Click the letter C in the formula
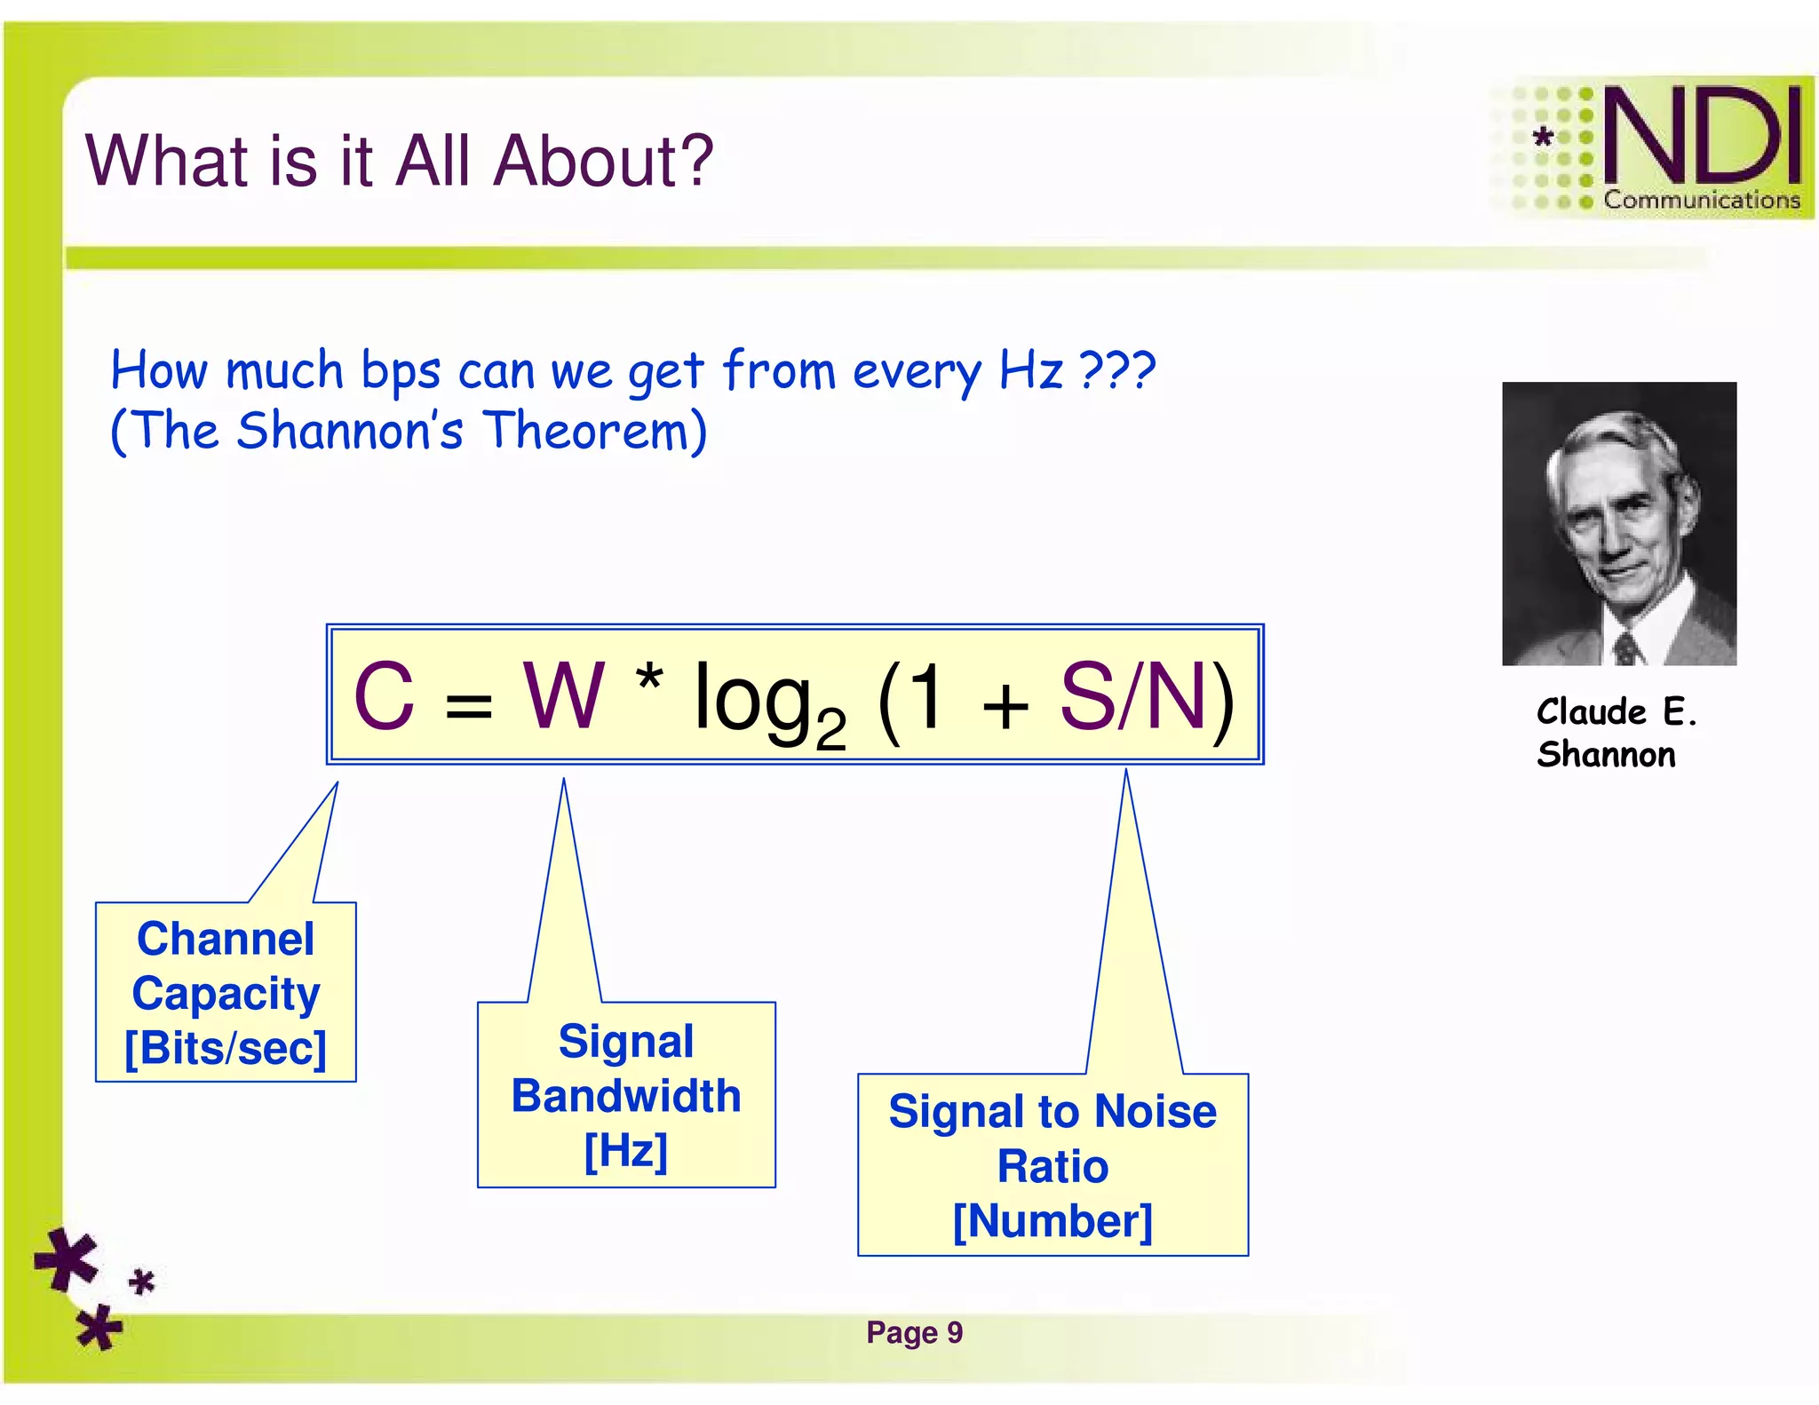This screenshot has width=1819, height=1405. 384,697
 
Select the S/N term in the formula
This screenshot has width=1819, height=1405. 1133,697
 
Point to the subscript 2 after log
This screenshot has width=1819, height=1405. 830,730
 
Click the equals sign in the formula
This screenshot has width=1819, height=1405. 468,706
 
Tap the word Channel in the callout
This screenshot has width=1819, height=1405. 226,939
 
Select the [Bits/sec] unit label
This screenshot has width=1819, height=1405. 226,1048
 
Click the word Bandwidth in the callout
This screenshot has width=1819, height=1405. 626,1095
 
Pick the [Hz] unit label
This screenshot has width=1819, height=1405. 626,1150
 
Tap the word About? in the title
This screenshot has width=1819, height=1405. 603,161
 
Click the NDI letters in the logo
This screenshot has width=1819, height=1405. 1702,135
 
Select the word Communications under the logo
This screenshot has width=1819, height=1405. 1701,200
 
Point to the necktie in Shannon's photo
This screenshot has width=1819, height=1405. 1626,647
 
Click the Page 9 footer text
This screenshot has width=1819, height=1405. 914,1332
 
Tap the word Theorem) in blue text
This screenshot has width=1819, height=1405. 595,432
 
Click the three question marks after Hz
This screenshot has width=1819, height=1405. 1117,370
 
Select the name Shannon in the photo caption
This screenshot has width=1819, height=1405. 1606,755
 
